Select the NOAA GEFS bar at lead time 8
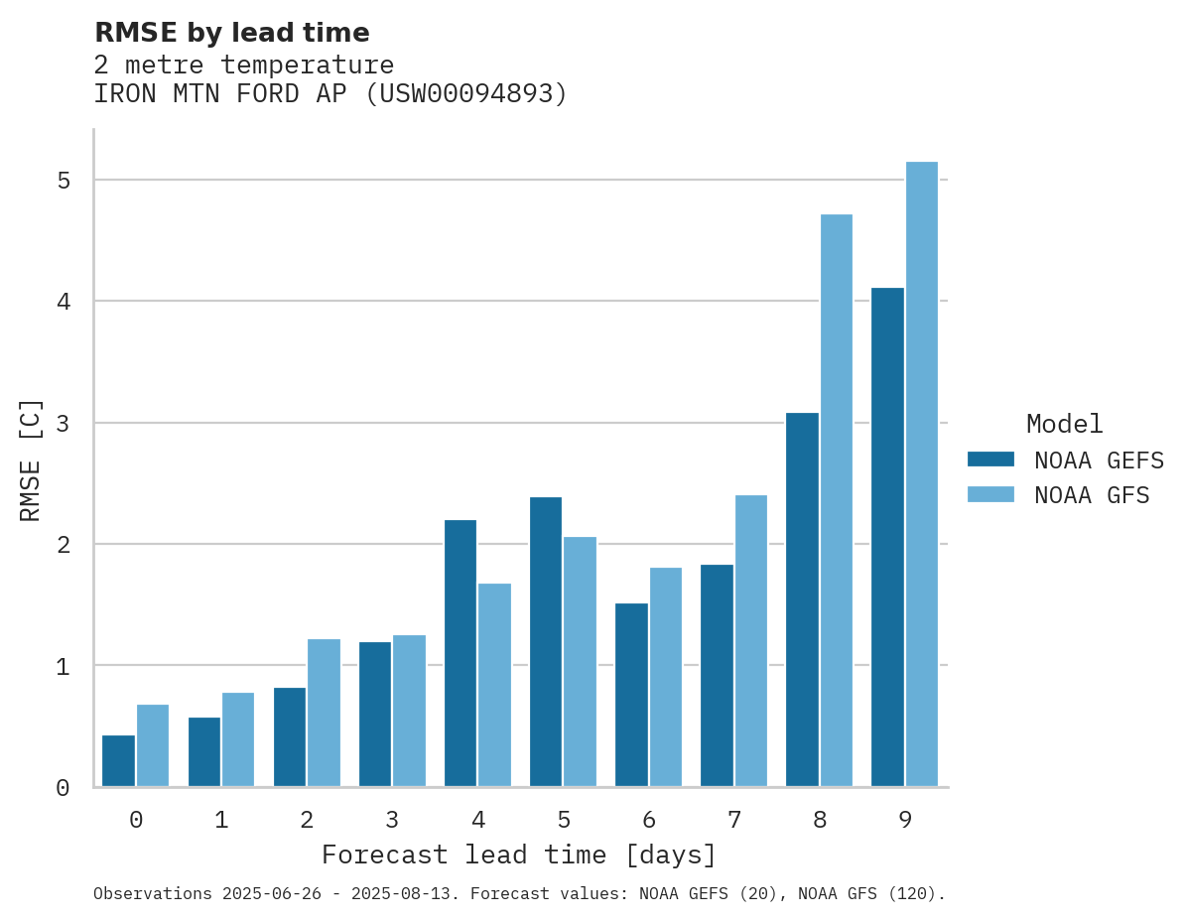pos(802,599)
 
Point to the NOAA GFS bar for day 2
pos(324,713)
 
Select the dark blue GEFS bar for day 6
pos(631,695)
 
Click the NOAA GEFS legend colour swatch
pos(990,460)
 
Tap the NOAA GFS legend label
pos(1092,495)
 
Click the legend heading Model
pos(1064,424)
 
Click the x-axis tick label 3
pos(392,820)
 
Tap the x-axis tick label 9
pos(905,820)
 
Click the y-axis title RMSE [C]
pos(31,460)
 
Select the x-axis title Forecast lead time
pos(518,855)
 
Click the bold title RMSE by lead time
pos(231,33)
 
